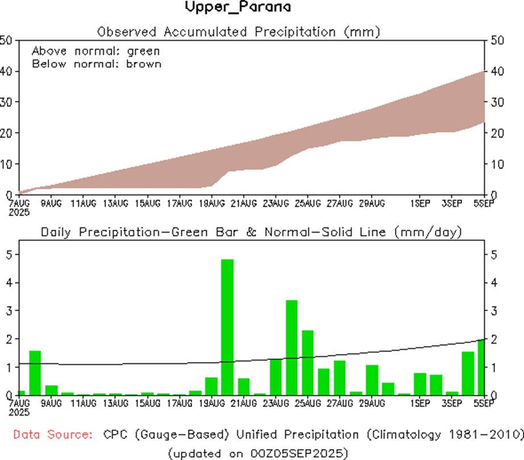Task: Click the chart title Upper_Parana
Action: [x=238, y=7]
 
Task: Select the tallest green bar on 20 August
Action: [x=227, y=327]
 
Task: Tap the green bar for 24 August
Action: [x=292, y=347]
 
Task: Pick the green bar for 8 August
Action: [x=35, y=372]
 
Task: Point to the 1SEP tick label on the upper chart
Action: [x=420, y=203]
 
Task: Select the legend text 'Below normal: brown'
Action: [x=96, y=64]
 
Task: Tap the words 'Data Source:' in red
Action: [x=53, y=435]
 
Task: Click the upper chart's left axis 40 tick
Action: [x=7, y=71]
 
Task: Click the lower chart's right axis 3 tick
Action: [x=490, y=310]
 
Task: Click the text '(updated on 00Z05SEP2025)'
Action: [x=257, y=453]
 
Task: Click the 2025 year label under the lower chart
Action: [x=19, y=411]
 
